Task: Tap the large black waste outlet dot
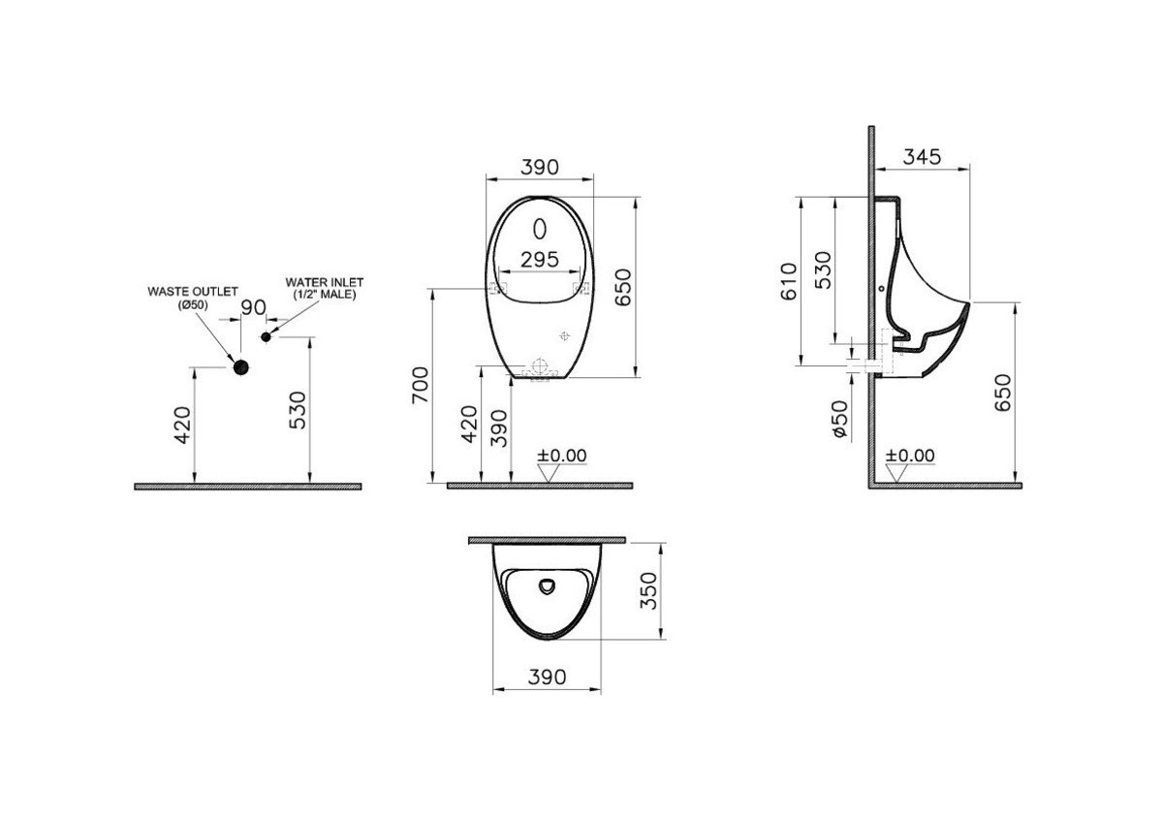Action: click(x=240, y=365)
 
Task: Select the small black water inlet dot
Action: click(x=267, y=335)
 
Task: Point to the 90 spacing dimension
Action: click(x=253, y=307)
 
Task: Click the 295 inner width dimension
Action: click(x=540, y=259)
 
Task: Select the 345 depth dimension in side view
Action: click(x=922, y=156)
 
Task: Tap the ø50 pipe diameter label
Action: click(x=839, y=419)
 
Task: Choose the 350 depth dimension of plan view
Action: click(x=650, y=590)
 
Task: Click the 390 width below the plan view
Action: click(x=547, y=677)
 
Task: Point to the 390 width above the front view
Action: click(x=540, y=167)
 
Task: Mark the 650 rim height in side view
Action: click(x=1003, y=393)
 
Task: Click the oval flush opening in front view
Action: click(x=540, y=229)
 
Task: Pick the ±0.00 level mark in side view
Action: click(x=911, y=456)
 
